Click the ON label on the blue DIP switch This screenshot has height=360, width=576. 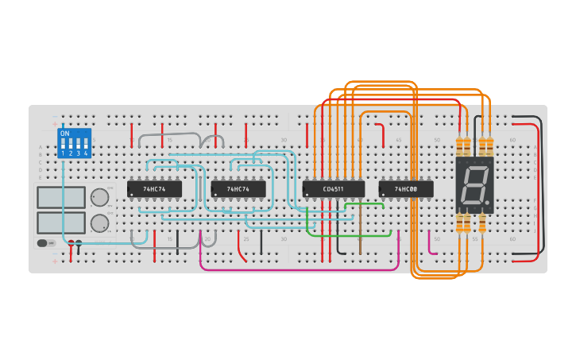[x=64, y=134]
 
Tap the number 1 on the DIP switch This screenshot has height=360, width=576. [x=63, y=153]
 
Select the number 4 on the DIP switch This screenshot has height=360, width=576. [x=85, y=153]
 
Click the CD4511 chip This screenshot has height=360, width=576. [x=333, y=189]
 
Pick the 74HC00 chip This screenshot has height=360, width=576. [x=406, y=189]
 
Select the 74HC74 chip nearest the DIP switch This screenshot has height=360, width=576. [x=154, y=189]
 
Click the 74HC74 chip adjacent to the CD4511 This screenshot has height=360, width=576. [x=238, y=189]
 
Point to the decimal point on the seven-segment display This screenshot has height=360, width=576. [x=486, y=201]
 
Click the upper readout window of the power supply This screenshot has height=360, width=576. [x=61, y=197]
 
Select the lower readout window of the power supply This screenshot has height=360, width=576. [x=61, y=223]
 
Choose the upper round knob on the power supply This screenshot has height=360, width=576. [x=100, y=197]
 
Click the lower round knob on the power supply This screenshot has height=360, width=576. [x=100, y=223]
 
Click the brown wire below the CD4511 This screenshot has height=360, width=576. [x=360, y=238]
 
